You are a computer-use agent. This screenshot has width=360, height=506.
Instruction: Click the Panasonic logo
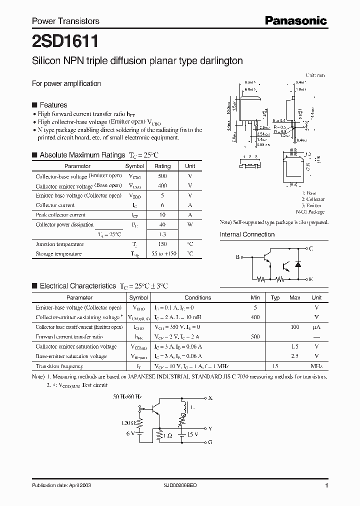click(x=295, y=21)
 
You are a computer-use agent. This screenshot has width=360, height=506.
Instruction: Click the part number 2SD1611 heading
click(x=59, y=40)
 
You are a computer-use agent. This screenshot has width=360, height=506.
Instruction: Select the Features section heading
click(x=53, y=105)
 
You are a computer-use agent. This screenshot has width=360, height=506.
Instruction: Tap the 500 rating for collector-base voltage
click(x=162, y=176)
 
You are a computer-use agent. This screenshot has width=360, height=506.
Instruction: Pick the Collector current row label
click(x=55, y=205)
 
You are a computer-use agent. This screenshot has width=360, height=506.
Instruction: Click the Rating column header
click(x=162, y=166)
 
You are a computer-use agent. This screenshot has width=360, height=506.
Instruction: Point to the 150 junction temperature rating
click(x=162, y=244)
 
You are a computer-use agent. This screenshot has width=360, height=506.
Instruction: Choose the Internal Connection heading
click(x=247, y=234)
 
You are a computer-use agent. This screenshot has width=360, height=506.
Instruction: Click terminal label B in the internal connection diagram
click(x=237, y=257)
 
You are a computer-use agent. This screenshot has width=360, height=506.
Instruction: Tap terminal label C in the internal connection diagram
click(x=311, y=248)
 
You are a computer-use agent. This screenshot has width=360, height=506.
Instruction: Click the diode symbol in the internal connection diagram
click(x=298, y=264)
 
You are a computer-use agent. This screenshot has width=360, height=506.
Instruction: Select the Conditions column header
click(x=197, y=297)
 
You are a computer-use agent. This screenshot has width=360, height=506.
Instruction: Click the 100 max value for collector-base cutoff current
click(x=294, y=327)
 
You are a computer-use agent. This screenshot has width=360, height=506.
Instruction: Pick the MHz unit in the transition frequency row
click(x=316, y=366)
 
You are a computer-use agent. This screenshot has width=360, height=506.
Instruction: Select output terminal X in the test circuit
click(x=210, y=398)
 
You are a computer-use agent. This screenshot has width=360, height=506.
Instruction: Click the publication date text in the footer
click(x=61, y=485)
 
